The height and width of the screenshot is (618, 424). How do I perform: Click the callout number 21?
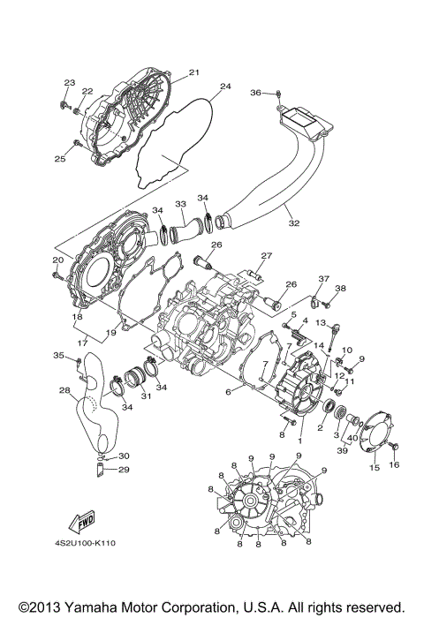coord(194,72)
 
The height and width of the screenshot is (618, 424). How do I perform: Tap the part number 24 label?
coord(224,87)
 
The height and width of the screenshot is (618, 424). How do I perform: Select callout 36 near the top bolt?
coord(255,92)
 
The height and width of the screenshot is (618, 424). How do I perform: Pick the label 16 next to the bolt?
coord(395,464)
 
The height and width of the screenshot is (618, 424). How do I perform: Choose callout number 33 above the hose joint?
coord(180,202)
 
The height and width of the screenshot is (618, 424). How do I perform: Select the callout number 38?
coord(341,289)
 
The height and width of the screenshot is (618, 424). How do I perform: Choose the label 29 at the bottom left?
coord(124,470)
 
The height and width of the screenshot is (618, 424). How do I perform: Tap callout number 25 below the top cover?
coord(59,159)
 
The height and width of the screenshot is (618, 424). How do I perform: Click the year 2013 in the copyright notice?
coord(34,607)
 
